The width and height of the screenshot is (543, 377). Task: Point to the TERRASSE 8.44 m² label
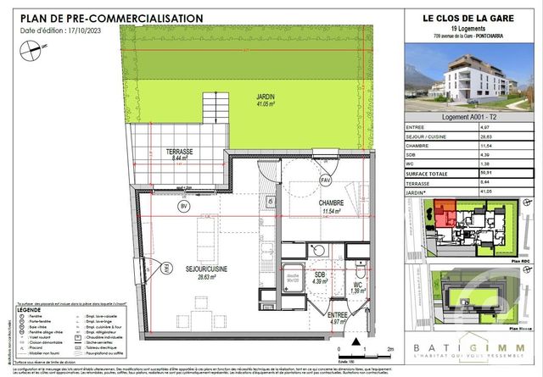coord(178,154)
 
